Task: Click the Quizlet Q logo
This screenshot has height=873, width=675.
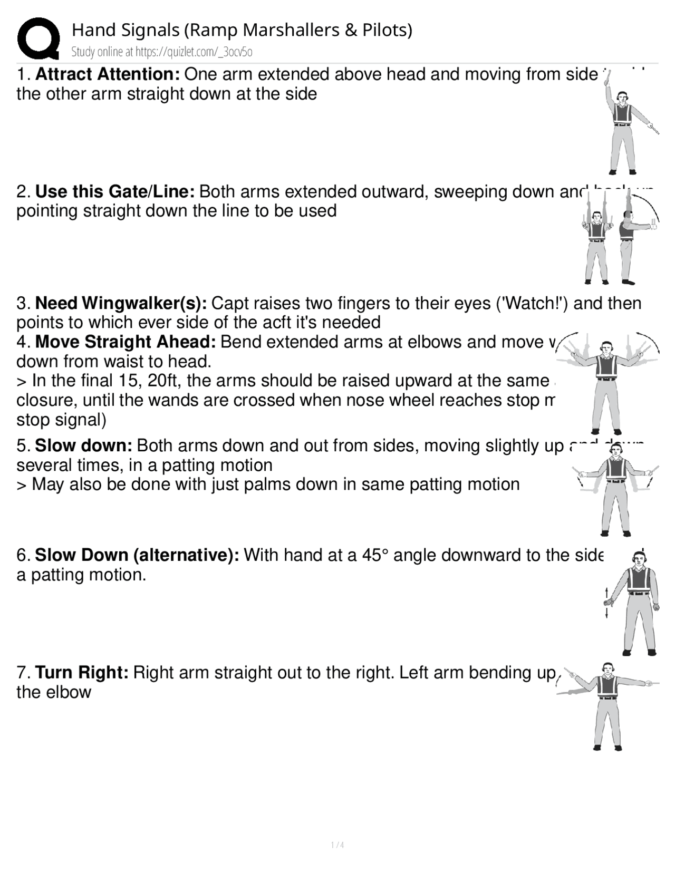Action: point(38,38)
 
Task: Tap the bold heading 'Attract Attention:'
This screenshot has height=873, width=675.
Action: point(108,74)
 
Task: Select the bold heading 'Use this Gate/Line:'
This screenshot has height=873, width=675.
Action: point(114,191)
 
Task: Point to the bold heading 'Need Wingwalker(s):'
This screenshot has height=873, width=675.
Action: point(121,303)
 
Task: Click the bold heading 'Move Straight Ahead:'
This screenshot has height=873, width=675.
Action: point(125,342)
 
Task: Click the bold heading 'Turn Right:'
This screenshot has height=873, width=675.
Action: point(82,673)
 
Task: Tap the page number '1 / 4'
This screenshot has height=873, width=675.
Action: point(337,845)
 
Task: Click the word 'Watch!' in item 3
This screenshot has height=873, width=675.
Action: point(537,303)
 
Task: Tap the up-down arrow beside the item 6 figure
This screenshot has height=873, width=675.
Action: point(607,602)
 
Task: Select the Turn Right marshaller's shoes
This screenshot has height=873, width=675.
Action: point(607,747)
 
